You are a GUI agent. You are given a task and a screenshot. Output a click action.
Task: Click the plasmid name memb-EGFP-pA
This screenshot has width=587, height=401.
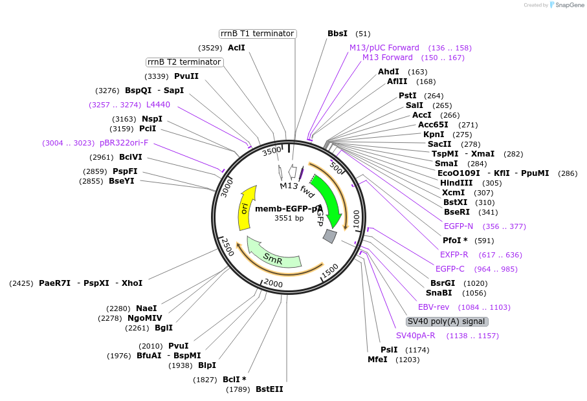click(x=289, y=209)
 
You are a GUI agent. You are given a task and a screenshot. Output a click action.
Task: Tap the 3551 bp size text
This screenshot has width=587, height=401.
click(x=289, y=218)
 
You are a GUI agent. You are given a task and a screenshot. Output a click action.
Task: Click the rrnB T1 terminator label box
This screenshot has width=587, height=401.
click(x=257, y=34)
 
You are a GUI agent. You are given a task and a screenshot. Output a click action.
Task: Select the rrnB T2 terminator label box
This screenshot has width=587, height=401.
click(x=184, y=62)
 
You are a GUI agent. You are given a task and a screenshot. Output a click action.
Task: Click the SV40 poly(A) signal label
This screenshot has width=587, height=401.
click(x=447, y=321)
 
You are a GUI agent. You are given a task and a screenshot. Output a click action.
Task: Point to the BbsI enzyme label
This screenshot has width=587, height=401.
click(x=337, y=34)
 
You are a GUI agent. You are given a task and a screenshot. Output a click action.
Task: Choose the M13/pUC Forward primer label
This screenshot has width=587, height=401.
click(x=384, y=48)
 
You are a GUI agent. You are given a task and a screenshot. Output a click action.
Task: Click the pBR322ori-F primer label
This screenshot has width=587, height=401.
click(x=124, y=143)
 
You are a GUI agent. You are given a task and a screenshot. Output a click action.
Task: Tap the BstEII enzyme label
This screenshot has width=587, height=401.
click(x=269, y=389)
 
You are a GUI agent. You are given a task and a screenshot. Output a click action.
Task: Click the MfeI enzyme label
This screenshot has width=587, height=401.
click(x=377, y=360)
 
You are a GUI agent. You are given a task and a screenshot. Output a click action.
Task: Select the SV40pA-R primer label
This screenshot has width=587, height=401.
click(x=415, y=336)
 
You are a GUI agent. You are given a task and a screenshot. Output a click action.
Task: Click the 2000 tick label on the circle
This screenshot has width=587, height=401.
click(x=273, y=284)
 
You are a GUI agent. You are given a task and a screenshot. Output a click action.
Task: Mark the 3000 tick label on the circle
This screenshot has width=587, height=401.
click(x=226, y=188)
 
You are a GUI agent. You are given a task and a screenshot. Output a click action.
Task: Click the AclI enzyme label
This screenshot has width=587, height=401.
click(x=236, y=48)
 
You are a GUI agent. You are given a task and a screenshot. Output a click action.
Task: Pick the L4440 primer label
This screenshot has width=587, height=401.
click(x=158, y=104)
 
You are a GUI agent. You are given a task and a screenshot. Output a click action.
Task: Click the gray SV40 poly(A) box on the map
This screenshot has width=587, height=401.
click(x=330, y=236)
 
